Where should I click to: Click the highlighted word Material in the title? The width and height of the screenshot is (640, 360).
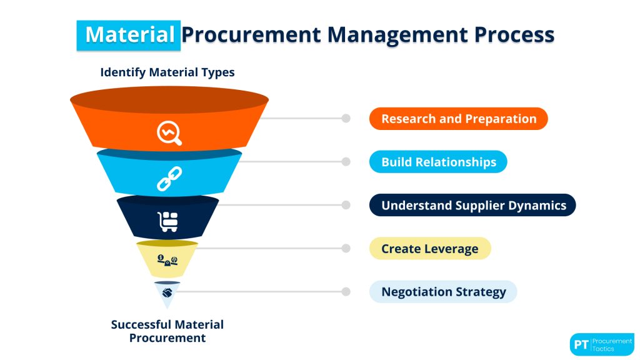coord(129,34)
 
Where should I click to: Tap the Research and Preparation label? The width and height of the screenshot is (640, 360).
coord(458,119)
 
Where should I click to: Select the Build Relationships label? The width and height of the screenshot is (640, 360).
coord(438,162)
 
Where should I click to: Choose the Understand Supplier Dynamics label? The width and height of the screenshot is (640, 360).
coord(472,205)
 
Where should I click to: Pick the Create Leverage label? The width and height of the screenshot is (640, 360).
coord(430,248)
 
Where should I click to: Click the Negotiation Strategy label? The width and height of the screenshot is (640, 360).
coord(443,292)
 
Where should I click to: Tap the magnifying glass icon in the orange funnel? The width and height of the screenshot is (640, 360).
coord(169,132)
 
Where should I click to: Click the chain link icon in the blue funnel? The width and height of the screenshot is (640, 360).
coord(168,179)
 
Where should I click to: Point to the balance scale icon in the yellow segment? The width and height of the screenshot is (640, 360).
coord(167,259)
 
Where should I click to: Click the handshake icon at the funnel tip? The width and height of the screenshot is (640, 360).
coord(167,292)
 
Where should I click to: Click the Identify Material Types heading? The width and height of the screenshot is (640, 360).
coord(167,72)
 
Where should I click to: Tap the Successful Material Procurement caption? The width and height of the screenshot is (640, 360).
coord(167,331)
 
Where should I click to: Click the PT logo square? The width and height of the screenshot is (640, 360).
coord(581,344)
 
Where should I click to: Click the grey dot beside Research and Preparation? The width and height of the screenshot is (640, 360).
coord(346,119)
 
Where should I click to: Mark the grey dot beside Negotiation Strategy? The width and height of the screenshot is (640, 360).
coord(346,292)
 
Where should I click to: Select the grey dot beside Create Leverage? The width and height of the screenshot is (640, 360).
coord(346,248)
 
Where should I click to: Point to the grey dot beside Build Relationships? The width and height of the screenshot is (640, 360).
coord(346,162)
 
